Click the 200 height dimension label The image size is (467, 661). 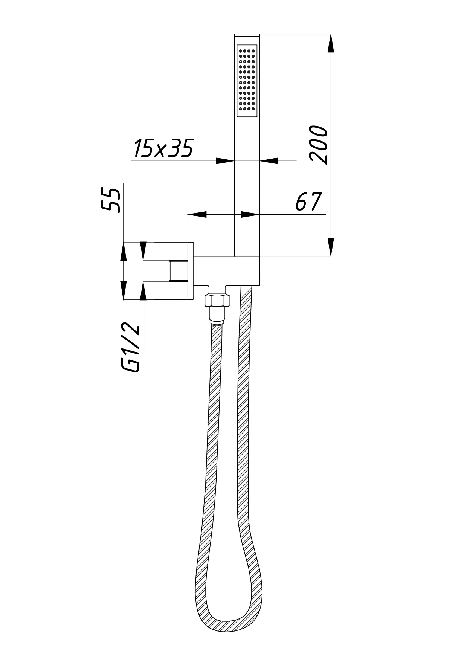click(x=318, y=145)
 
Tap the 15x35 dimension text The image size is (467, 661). click(x=163, y=148)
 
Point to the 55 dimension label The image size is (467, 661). click(x=111, y=200)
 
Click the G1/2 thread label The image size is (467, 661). click(x=130, y=349)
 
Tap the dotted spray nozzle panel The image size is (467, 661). click(x=247, y=80)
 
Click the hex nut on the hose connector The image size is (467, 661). click(x=217, y=301)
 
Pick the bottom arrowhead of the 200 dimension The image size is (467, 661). click(x=331, y=247)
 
